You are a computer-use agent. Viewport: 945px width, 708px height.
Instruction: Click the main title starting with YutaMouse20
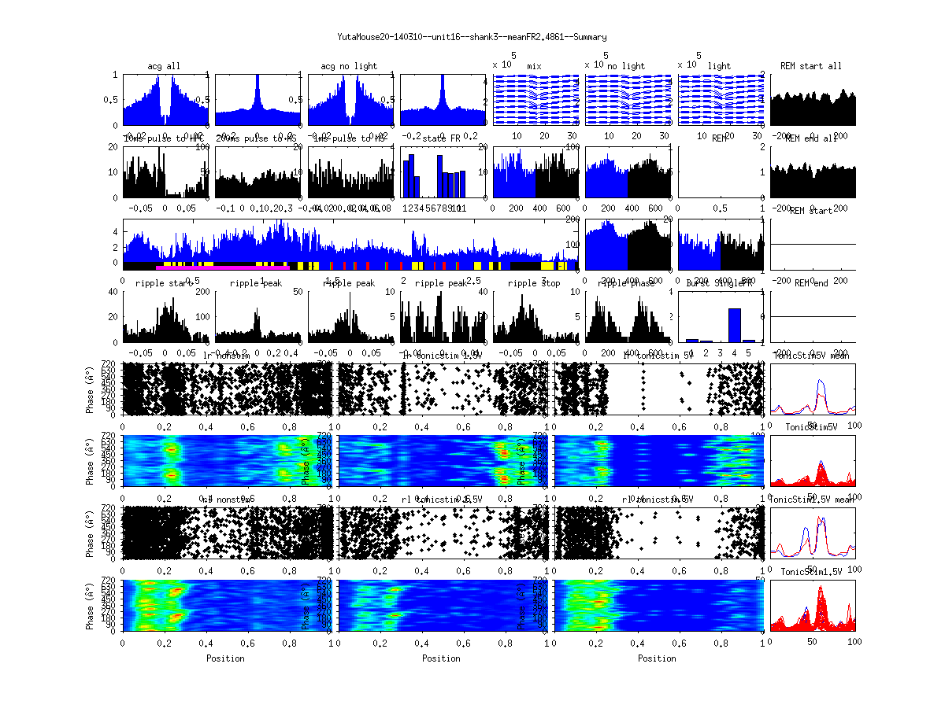point(472,37)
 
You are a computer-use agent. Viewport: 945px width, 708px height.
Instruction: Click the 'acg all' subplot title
point(164,66)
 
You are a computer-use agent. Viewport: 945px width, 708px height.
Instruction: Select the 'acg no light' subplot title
point(349,66)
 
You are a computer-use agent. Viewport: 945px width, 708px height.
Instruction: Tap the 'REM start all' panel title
point(811,66)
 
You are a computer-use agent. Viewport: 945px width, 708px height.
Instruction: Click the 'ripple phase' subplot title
point(627,283)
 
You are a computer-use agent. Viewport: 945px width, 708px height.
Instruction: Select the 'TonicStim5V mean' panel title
point(812,356)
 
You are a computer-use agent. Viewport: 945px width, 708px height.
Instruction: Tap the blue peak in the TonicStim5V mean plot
point(821,381)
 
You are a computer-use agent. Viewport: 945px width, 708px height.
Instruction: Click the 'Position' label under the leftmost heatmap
point(225,658)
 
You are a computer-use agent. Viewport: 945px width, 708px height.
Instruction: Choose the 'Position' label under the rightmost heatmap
point(658,658)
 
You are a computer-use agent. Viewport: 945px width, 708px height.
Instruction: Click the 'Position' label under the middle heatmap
point(441,658)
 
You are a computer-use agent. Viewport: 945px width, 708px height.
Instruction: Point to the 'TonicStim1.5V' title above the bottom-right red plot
point(812,571)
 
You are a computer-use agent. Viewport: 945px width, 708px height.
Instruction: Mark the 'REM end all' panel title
point(811,138)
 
